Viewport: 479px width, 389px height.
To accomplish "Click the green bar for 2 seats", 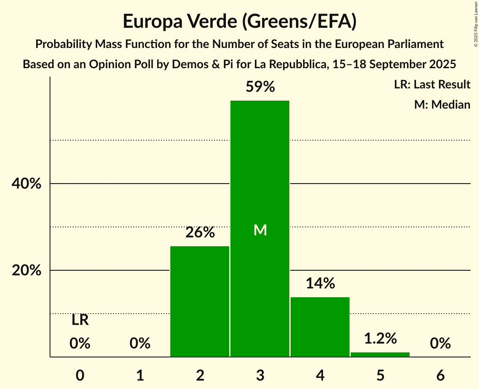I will [200, 301].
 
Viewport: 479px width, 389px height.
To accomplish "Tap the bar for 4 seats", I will [320, 327].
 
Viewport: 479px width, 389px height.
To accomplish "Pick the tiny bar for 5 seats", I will [380, 354].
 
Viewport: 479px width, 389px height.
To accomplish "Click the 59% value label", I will [260, 87].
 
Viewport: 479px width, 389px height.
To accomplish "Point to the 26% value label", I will [200, 232].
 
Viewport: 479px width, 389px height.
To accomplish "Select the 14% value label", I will [320, 283].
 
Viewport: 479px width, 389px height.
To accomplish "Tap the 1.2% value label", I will [380, 338].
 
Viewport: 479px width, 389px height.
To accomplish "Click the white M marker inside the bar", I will [260, 230].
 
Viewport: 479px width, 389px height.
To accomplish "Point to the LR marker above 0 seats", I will [80, 320].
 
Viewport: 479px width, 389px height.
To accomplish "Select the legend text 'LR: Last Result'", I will [432, 85].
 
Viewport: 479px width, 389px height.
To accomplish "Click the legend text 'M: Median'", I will [442, 104].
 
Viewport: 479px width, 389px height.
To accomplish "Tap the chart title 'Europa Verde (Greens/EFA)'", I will [240, 21].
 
